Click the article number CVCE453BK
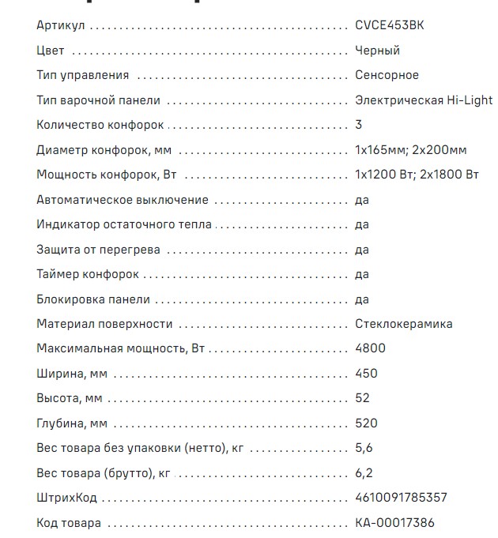pos(389,25)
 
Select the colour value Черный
pos(378,51)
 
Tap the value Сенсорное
pos(387,75)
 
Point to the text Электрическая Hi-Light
pos(424,100)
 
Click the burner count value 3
pos(359,125)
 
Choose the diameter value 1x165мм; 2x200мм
pos(411,150)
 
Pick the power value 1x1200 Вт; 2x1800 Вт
pos(417,175)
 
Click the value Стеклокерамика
pos(404,324)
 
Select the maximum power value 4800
pos(370,349)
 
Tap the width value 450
pos(367,374)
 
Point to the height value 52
pos(363,398)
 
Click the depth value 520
pos(367,423)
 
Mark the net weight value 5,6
pos(364,448)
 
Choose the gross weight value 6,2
pos(364,473)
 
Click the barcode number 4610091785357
pos(401,498)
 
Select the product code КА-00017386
pos(394,523)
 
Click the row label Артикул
pos(60,25)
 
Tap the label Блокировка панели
pos(92,299)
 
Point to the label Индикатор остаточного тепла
pos(124,224)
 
